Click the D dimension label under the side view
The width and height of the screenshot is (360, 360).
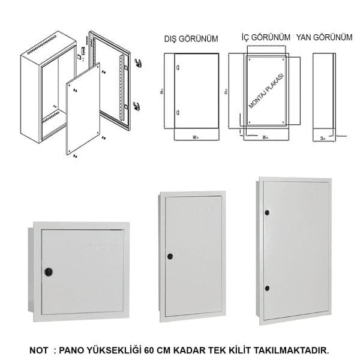[x=323, y=138]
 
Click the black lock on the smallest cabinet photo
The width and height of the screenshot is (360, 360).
[x=49, y=272]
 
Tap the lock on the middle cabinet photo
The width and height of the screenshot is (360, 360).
[x=170, y=256]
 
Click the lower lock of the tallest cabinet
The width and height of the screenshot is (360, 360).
[x=267, y=289]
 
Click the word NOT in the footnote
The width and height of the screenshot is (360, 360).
[x=40, y=349]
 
